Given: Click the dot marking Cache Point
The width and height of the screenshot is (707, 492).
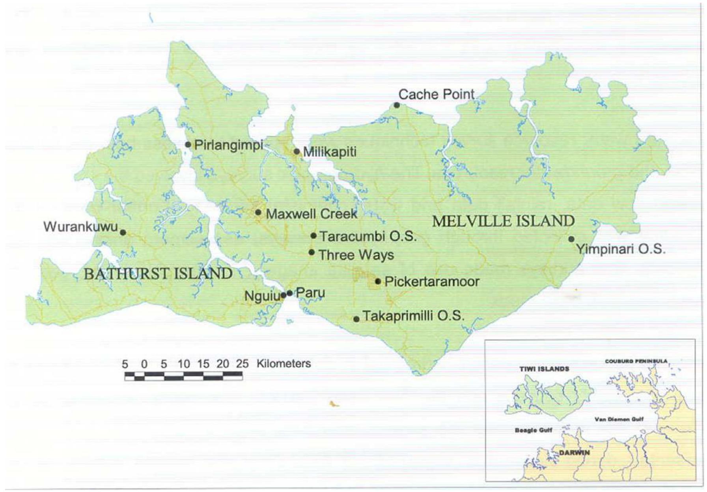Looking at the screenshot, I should [397, 105].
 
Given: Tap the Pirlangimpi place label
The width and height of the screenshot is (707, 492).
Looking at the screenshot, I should [229, 145].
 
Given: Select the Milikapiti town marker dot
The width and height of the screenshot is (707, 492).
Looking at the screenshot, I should [297, 152].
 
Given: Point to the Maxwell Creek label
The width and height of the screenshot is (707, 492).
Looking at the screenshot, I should [312, 214].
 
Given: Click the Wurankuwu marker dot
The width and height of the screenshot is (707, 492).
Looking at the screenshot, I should [123, 232].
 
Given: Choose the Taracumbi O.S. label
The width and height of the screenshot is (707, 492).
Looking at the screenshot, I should [368, 236].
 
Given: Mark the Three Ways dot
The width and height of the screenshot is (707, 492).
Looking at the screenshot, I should [312, 252].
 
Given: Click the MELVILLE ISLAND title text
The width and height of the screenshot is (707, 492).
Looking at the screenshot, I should [503, 221].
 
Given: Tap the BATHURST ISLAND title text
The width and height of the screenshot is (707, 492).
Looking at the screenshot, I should [158, 273].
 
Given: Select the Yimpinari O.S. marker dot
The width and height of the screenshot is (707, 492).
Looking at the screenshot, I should [571, 239].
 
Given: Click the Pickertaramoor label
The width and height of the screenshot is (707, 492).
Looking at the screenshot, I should [432, 281].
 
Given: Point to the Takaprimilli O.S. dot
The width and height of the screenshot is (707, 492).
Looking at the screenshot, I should [356, 319].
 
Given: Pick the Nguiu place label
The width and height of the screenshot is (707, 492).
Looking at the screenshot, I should [262, 296].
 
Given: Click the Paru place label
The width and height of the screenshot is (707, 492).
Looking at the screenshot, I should [310, 292].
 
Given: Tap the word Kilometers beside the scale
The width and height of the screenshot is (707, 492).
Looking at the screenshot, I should [284, 363].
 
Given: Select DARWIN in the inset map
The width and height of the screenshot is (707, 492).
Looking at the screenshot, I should [575, 453].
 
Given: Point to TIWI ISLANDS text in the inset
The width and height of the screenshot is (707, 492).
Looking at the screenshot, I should [544, 369].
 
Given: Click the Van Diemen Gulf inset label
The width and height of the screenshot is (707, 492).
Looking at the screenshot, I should [619, 419].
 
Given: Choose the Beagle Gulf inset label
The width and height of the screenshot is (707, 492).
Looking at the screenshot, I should [533, 430].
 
